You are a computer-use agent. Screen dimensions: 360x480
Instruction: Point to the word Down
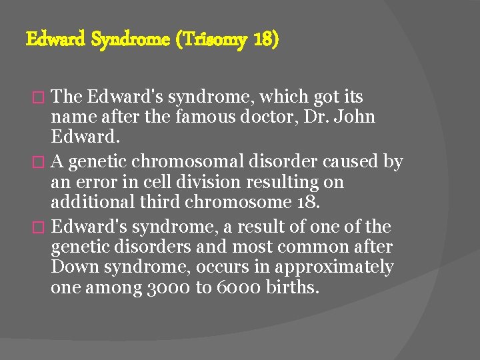click(x=71, y=267)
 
